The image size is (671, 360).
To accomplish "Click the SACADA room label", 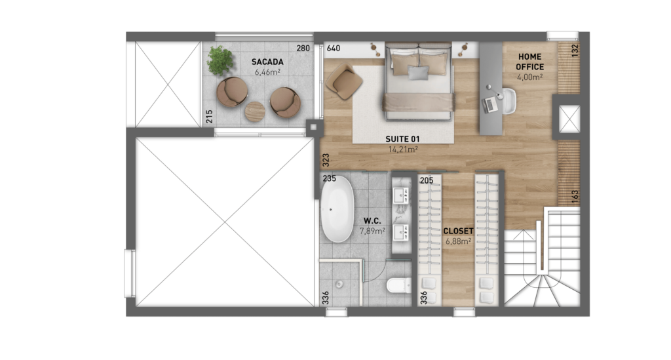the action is (x=267, y=62).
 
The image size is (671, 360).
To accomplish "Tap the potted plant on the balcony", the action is (x=220, y=60).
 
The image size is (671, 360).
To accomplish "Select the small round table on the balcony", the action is (x=255, y=111).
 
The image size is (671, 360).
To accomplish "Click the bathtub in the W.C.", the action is (x=337, y=209).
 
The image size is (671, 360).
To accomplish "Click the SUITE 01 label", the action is (x=403, y=139).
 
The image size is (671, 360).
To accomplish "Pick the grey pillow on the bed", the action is (x=418, y=72).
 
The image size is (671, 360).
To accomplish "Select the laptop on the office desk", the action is (x=490, y=104).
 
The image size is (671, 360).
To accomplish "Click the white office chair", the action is (x=508, y=101).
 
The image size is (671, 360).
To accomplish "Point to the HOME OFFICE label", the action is (x=529, y=62).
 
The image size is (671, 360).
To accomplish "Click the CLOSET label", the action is (x=458, y=231).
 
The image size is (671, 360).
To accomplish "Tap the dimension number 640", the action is (x=334, y=49).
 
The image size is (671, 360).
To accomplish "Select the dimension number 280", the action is (x=303, y=49).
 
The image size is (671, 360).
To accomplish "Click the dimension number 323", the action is (x=326, y=160).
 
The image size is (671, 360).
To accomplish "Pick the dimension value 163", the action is (x=575, y=197).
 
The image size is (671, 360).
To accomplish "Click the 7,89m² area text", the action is (x=372, y=231).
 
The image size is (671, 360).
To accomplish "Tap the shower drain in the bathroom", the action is (x=339, y=283).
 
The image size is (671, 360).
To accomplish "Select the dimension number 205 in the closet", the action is (x=427, y=180).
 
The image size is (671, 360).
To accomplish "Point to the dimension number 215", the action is (x=209, y=117).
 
